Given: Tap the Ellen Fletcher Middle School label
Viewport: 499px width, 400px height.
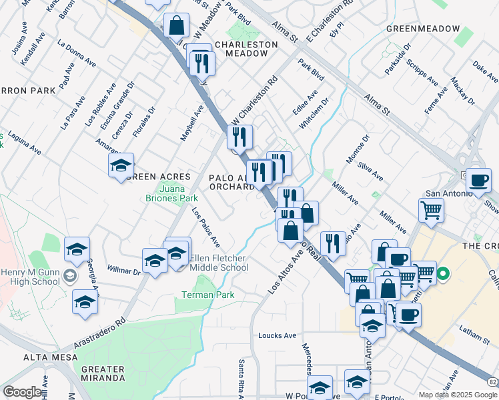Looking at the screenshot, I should coord(219,263).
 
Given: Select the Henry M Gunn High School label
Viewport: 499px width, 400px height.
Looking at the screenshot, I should coord(31,277).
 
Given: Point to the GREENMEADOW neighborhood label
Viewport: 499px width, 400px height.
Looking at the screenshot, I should coord(424,29).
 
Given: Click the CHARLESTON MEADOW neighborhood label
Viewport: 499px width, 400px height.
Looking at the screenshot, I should coord(245,49).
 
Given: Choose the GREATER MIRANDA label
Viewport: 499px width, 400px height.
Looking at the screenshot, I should coord(103,373).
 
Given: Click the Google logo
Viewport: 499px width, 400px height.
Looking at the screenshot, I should coord(21,392).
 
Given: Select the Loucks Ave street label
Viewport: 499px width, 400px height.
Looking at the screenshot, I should coord(277,335).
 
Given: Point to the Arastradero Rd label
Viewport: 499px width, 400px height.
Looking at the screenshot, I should coord(102,328).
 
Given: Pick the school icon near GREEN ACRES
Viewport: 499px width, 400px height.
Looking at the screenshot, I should coord(121,165).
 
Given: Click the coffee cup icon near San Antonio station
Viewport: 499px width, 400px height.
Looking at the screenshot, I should coord(478,180).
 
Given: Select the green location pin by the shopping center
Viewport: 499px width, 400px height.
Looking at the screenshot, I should coord(441,273).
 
